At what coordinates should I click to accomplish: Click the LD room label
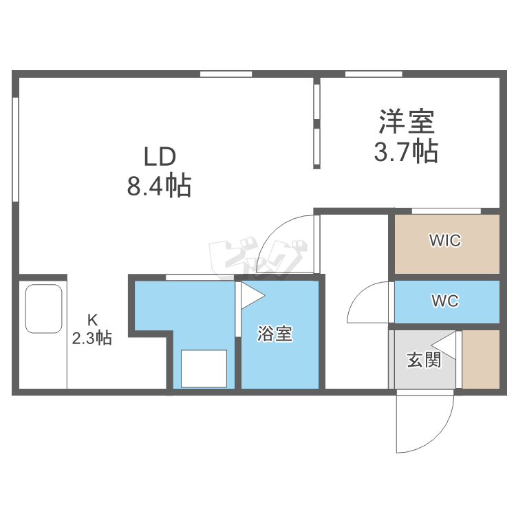[160, 157]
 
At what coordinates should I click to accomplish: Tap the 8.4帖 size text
[159, 186]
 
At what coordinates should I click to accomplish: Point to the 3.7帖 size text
[406, 152]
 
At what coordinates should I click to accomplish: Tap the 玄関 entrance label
[424, 359]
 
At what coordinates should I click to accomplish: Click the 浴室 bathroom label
[275, 335]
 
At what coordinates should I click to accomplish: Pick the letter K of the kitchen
[92, 319]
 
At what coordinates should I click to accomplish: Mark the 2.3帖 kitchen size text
[92, 338]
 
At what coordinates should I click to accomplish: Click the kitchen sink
[44, 309]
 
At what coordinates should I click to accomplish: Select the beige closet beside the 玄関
[480, 359]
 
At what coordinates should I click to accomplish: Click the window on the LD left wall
[15, 149]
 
